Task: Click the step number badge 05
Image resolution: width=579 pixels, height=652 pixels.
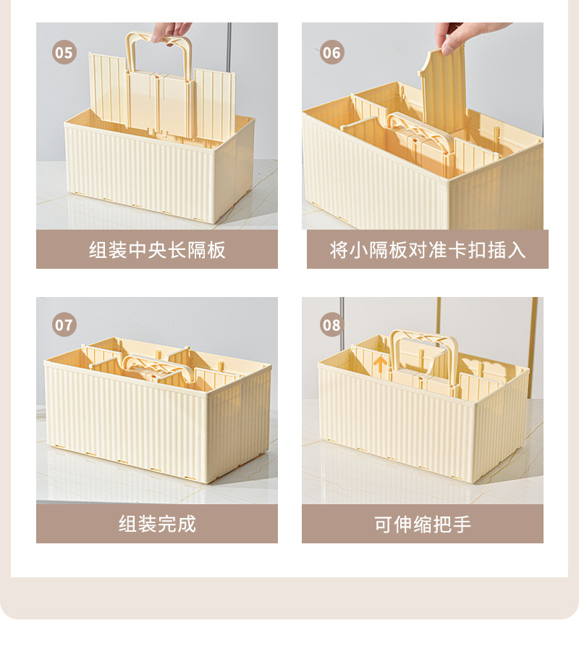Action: point(64,52)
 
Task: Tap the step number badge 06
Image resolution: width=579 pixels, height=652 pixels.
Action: point(331,52)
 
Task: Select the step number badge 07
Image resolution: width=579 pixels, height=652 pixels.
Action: point(64,325)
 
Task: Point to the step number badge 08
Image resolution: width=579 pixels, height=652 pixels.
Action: point(331,325)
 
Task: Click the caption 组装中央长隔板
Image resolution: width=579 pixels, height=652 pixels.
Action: point(157,250)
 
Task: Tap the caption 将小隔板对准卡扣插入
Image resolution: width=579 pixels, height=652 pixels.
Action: point(427,250)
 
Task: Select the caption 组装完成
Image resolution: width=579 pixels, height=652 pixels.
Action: point(157,524)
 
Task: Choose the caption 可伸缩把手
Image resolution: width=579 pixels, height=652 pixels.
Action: point(423,524)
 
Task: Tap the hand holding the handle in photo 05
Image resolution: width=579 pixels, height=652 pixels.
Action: point(172,30)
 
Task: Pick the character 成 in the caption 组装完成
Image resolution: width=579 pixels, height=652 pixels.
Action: point(187,524)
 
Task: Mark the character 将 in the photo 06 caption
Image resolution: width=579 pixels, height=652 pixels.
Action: point(339,250)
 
